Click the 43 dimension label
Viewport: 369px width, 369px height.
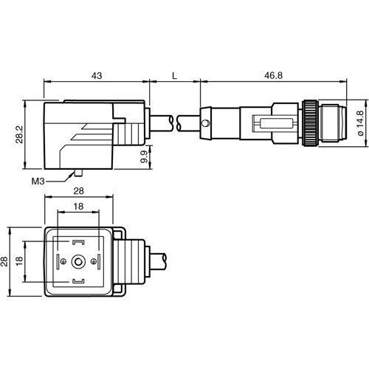pyautogui.click(x=97, y=75)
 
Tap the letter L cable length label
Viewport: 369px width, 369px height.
pyautogui.click(x=174, y=75)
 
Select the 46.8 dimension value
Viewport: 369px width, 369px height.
pyautogui.click(x=274, y=75)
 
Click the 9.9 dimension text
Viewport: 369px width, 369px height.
pyautogui.click(x=145, y=156)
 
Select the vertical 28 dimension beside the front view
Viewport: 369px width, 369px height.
pyautogui.click(x=8, y=262)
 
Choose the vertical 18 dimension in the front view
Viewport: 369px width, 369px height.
pyautogui.click(x=23, y=262)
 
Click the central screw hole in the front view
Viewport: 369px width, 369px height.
pyautogui.click(x=77, y=261)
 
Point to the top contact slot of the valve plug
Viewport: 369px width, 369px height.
pyautogui.click(x=77, y=242)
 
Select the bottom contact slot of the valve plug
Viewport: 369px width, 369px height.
pyautogui.click(x=77, y=282)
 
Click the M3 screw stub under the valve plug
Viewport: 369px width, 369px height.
pyautogui.click(x=75, y=173)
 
